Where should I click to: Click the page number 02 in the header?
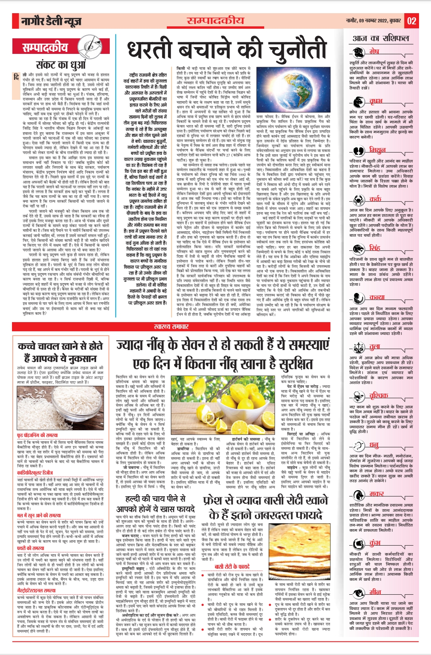point(412,21)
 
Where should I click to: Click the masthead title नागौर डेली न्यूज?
point(51,21)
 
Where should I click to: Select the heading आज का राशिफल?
point(381,38)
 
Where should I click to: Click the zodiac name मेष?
point(374,51)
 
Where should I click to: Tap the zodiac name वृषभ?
point(376,101)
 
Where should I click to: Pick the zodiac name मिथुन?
point(377,150)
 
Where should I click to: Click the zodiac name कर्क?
point(375,199)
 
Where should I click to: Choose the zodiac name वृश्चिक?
point(378,396)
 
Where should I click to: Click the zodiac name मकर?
point(376,494)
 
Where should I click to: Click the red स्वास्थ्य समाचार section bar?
point(171,327)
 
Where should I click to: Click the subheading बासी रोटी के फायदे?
point(232,566)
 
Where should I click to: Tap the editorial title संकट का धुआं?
point(61,65)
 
